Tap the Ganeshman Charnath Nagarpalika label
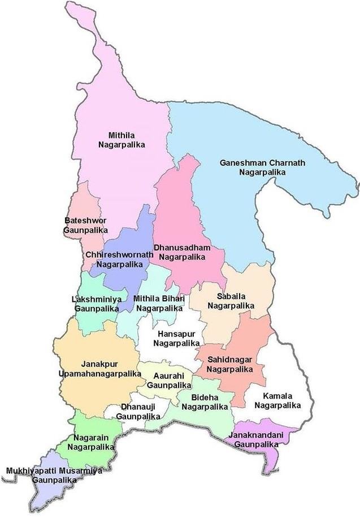click(262, 167)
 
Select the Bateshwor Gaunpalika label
click(85, 225)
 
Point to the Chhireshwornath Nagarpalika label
click(119, 260)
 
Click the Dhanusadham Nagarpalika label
click(182, 252)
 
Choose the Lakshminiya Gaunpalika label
click(96, 304)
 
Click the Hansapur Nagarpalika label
click(179, 338)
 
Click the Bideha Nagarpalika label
click(205, 402)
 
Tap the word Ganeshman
click(241, 163)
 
